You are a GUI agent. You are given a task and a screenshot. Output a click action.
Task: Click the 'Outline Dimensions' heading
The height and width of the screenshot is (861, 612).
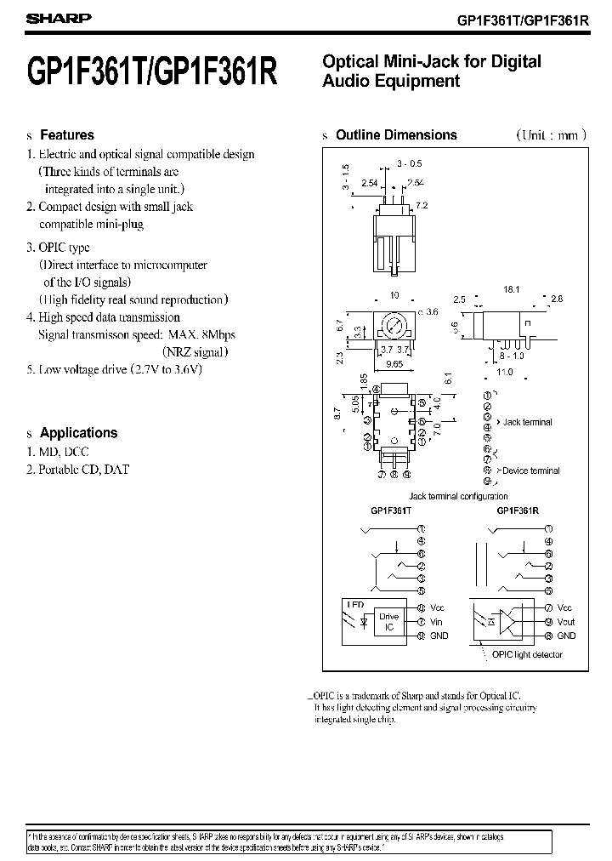(x=396, y=135)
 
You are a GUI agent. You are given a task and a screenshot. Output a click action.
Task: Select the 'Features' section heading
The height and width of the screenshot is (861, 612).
(x=67, y=135)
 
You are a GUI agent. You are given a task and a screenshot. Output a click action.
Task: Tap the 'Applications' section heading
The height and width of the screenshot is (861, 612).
(x=78, y=432)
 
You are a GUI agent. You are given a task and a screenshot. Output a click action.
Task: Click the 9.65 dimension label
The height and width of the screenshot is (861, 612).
(x=394, y=362)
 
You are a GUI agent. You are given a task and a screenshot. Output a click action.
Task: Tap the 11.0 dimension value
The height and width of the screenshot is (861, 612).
(x=504, y=371)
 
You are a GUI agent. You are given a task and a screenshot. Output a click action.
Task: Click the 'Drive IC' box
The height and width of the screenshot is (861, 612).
(x=388, y=622)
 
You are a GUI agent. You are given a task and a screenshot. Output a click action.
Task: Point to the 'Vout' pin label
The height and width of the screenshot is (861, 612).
(x=565, y=622)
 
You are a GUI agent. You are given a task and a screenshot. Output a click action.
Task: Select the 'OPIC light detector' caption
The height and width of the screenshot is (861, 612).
(x=527, y=655)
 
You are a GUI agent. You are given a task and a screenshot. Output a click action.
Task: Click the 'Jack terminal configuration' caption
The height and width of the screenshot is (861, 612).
(x=458, y=496)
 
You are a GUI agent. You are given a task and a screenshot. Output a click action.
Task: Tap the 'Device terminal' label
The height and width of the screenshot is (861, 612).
(x=531, y=470)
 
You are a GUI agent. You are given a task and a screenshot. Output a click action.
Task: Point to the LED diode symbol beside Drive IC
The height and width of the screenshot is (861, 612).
(x=365, y=622)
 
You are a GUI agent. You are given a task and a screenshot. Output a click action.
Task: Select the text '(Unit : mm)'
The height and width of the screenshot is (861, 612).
(x=548, y=135)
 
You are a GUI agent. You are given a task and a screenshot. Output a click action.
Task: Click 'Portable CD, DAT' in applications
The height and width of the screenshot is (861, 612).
(x=83, y=470)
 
